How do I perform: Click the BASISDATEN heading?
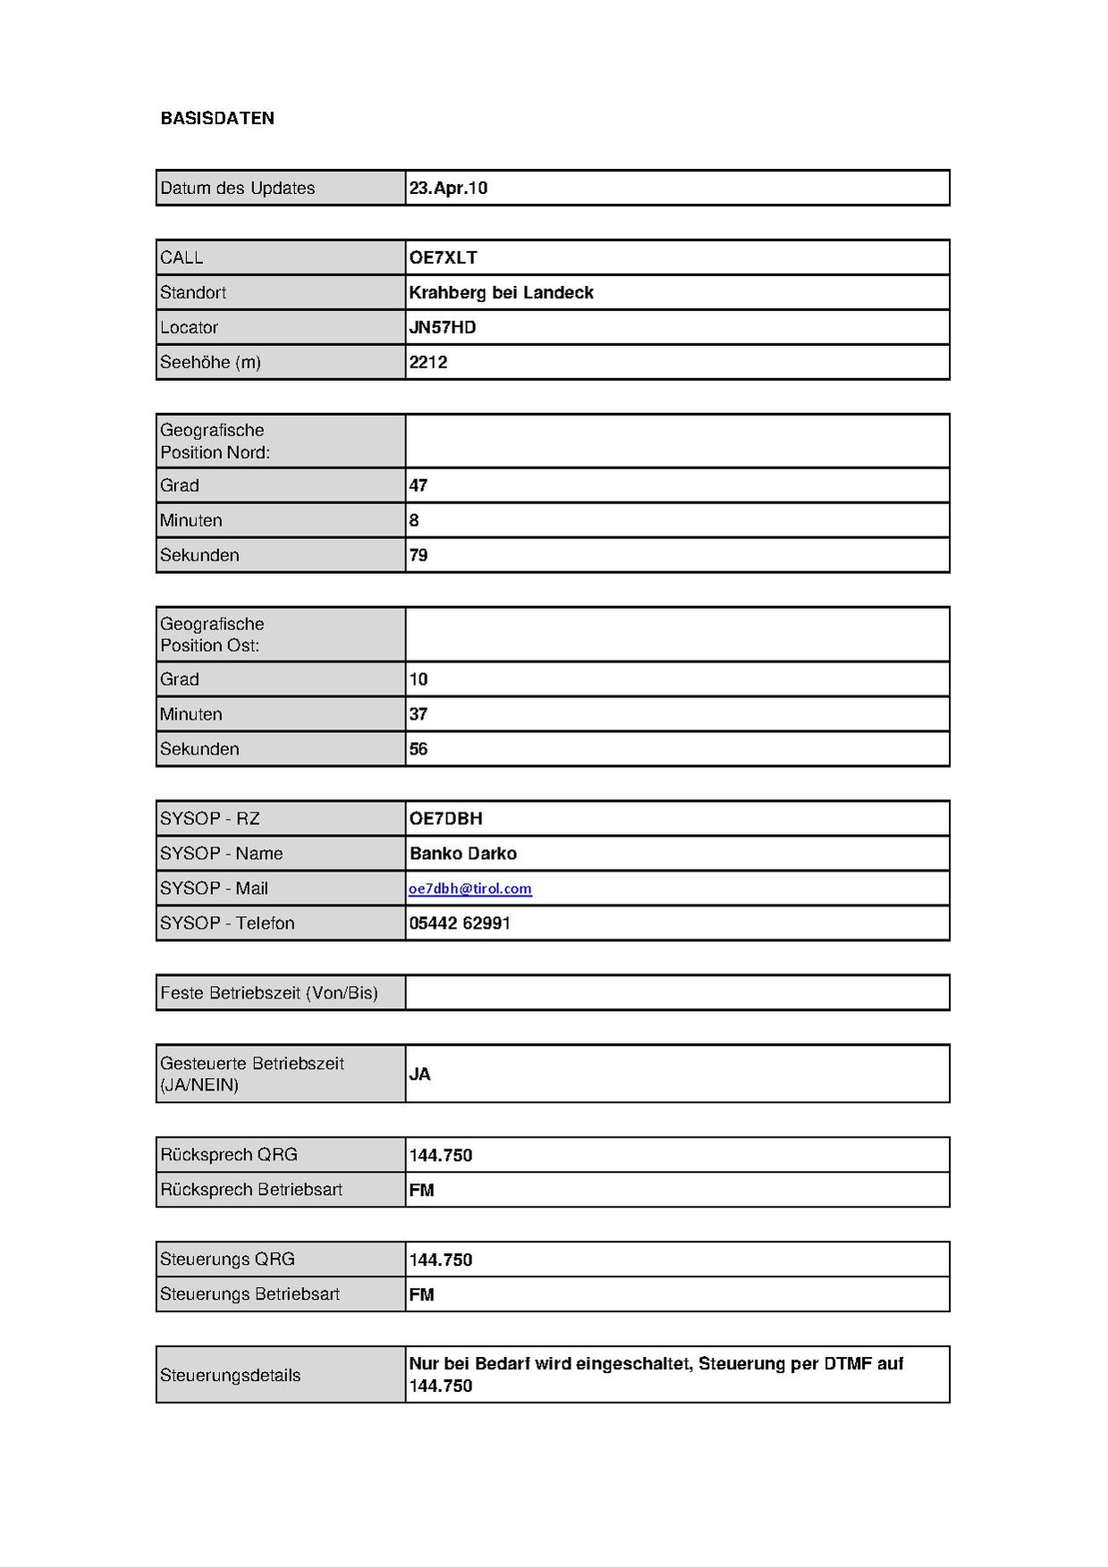point(217,118)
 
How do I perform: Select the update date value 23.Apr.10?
point(448,188)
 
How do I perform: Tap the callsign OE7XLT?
point(443,257)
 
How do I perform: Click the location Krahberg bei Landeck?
point(501,292)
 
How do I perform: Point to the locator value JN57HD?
point(442,327)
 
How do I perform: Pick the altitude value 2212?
point(428,362)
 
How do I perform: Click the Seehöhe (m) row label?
point(210,362)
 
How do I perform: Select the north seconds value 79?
point(419,555)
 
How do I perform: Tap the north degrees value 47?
point(419,485)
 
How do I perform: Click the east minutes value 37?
point(419,714)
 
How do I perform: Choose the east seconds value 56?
point(419,749)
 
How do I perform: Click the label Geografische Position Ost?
point(212,635)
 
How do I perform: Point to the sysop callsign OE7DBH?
point(445,819)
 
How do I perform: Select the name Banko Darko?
point(463,854)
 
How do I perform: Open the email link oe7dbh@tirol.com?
point(470,889)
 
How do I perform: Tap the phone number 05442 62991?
point(460,923)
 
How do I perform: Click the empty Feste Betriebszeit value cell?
point(677,993)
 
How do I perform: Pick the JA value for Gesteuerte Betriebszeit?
point(419,1074)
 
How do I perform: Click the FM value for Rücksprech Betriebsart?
point(421,1191)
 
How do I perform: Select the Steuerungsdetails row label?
point(230,1375)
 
